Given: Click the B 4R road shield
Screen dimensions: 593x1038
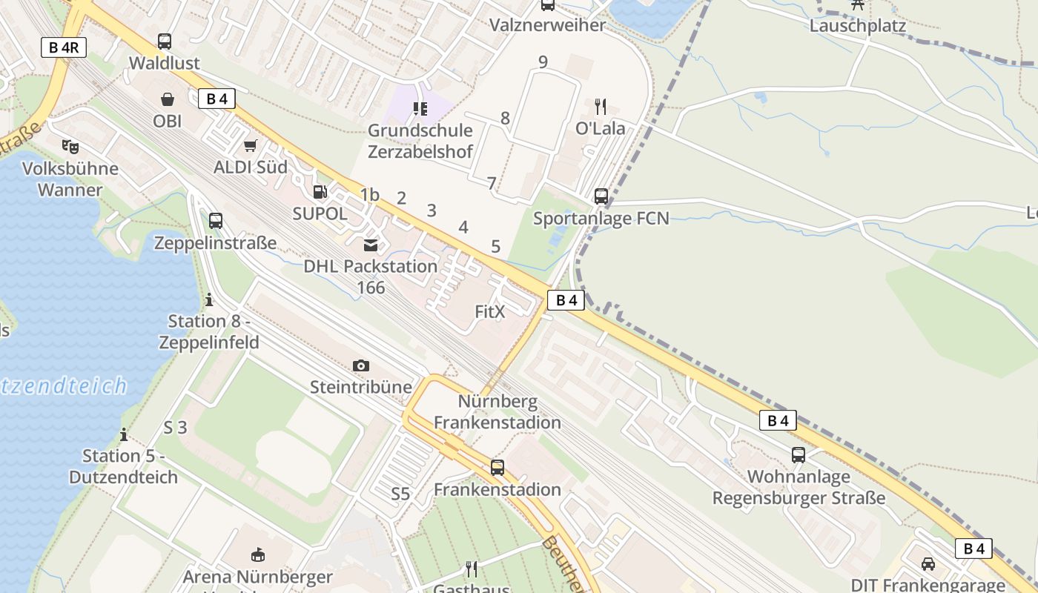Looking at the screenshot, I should [64, 48].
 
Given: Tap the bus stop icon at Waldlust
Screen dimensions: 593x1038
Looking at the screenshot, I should [165, 42].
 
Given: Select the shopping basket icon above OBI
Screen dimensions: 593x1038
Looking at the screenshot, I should [168, 99].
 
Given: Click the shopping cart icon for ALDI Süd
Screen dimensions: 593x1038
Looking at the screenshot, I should [251, 145].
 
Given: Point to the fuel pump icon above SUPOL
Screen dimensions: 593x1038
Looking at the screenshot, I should [320, 192].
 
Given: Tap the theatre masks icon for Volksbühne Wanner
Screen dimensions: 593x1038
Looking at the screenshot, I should [70, 146].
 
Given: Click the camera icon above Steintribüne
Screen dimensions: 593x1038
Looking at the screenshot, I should [361, 365].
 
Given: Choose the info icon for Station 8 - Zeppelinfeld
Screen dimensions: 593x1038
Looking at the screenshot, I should [209, 299].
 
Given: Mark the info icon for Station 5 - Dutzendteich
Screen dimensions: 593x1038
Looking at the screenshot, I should [124, 434].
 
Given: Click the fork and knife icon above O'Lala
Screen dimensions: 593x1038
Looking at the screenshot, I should [601, 107].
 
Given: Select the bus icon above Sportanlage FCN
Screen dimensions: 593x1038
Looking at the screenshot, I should [601, 196].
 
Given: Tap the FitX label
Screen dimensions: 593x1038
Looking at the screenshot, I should [489, 312].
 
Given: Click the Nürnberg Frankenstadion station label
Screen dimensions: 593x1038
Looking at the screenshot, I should [497, 413].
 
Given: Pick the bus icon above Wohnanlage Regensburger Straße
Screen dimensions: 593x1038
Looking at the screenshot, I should [799, 454].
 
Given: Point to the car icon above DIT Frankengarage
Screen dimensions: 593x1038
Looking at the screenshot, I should [928, 563].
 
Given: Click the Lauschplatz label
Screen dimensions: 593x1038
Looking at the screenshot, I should [858, 26].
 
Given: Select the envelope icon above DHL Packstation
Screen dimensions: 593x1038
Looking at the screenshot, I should [370, 245].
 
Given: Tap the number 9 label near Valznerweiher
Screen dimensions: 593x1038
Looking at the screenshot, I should [543, 62].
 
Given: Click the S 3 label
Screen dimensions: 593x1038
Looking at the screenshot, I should [175, 428].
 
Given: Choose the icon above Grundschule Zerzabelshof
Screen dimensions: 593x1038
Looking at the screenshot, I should [420, 109].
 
